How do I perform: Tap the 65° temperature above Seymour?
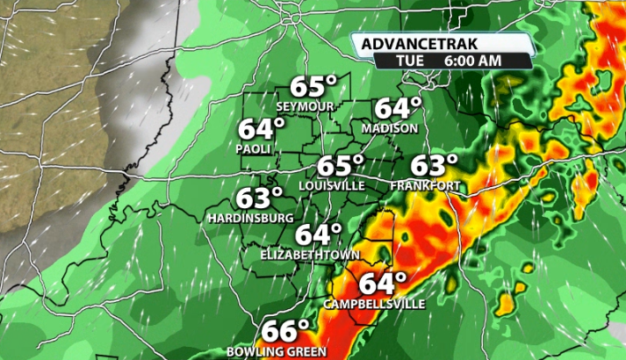click(314, 88)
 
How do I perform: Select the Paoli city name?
click(251, 149)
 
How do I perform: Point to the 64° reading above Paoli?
click(262, 129)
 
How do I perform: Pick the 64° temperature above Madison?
click(399, 108)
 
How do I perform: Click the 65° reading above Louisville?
click(340, 165)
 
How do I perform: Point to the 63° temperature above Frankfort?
click(435, 165)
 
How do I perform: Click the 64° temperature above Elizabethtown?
click(317, 234)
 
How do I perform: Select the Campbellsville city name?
click(374, 304)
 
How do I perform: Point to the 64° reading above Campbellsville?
click(383, 284)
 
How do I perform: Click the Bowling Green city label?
click(277, 351)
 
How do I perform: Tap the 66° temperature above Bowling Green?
click(287, 332)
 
